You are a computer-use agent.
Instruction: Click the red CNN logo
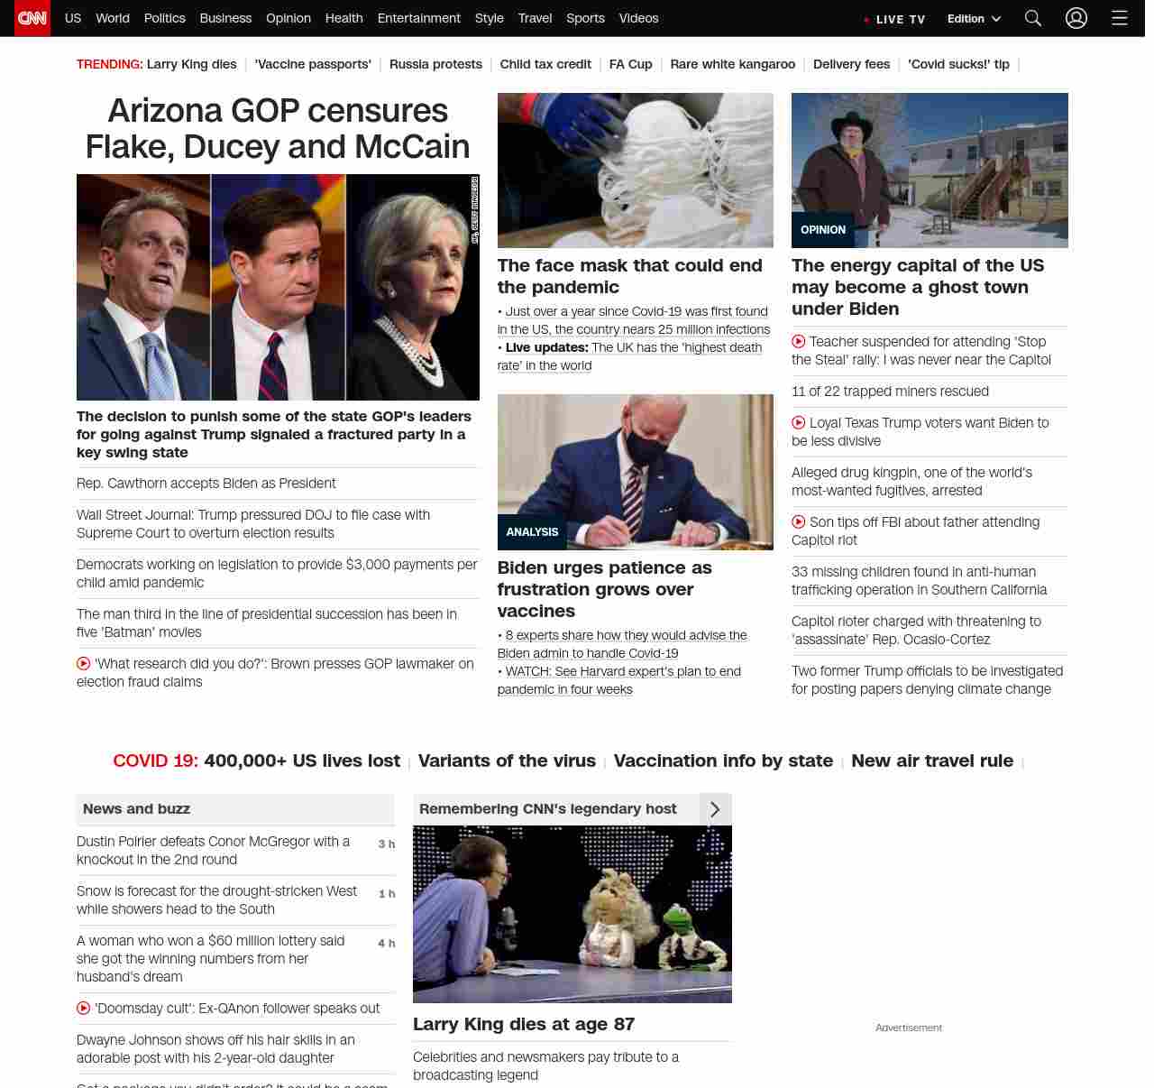(x=32, y=18)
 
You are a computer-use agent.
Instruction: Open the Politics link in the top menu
(x=164, y=18)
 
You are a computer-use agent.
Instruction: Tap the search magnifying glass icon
(x=1033, y=18)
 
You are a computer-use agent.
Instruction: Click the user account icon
(x=1076, y=18)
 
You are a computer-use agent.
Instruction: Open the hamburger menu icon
(x=1119, y=18)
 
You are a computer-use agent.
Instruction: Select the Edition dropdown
(x=974, y=18)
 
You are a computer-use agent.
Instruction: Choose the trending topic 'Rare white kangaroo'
(x=732, y=64)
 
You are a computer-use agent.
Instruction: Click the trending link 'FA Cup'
(x=630, y=64)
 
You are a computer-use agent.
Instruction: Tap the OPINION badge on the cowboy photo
(x=822, y=230)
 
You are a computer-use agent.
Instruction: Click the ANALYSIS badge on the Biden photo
(x=532, y=532)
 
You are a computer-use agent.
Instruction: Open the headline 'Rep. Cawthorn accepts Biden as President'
(x=206, y=484)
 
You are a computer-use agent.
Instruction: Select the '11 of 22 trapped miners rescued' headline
(x=890, y=392)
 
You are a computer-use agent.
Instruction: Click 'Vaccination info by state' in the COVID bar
(x=723, y=761)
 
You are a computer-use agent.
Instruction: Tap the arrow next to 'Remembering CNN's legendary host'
(x=715, y=809)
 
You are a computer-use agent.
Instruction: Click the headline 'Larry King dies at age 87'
(x=524, y=1024)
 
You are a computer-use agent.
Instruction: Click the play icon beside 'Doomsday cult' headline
(x=84, y=1009)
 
